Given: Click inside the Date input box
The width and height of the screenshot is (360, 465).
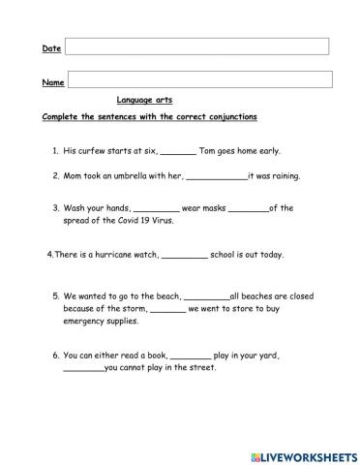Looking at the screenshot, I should [x=196, y=46].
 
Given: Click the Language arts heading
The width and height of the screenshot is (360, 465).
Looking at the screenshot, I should [x=144, y=100].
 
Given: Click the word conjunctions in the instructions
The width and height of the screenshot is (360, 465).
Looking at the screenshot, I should [x=226, y=117].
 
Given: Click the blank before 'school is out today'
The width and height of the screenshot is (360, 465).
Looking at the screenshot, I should [x=184, y=256].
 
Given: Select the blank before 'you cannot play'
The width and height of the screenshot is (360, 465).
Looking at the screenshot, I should [x=83, y=369].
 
